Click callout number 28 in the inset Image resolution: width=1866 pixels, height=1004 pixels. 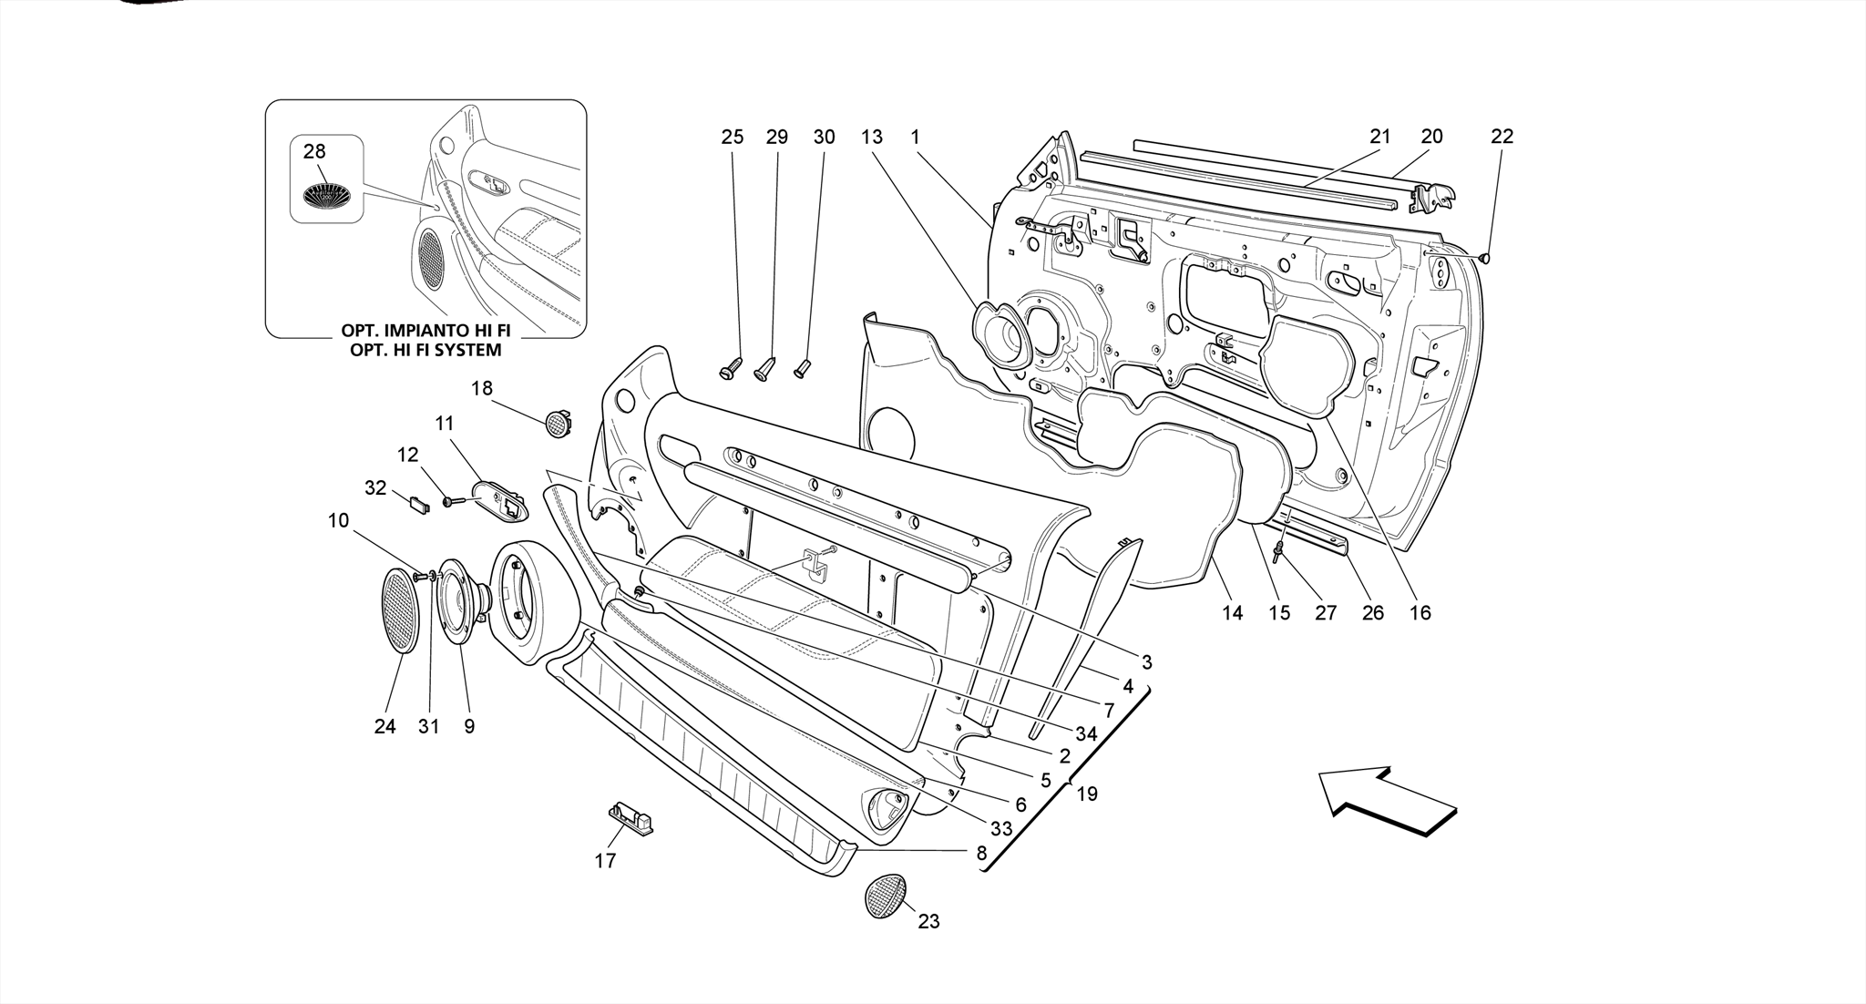(313, 151)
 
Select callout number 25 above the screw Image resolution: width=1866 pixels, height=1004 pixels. (732, 137)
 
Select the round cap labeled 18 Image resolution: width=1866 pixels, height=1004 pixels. (556, 423)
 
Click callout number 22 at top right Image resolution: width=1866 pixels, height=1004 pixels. (1502, 137)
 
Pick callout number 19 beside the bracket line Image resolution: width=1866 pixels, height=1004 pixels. (1086, 794)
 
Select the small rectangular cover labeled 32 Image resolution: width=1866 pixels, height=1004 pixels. (418, 504)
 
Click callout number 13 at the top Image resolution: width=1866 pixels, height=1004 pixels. (871, 137)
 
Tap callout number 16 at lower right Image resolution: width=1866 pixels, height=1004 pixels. (1420, 612)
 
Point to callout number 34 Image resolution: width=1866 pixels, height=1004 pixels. (1085, 733)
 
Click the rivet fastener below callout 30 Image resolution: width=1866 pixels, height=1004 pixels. (802, 369)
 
